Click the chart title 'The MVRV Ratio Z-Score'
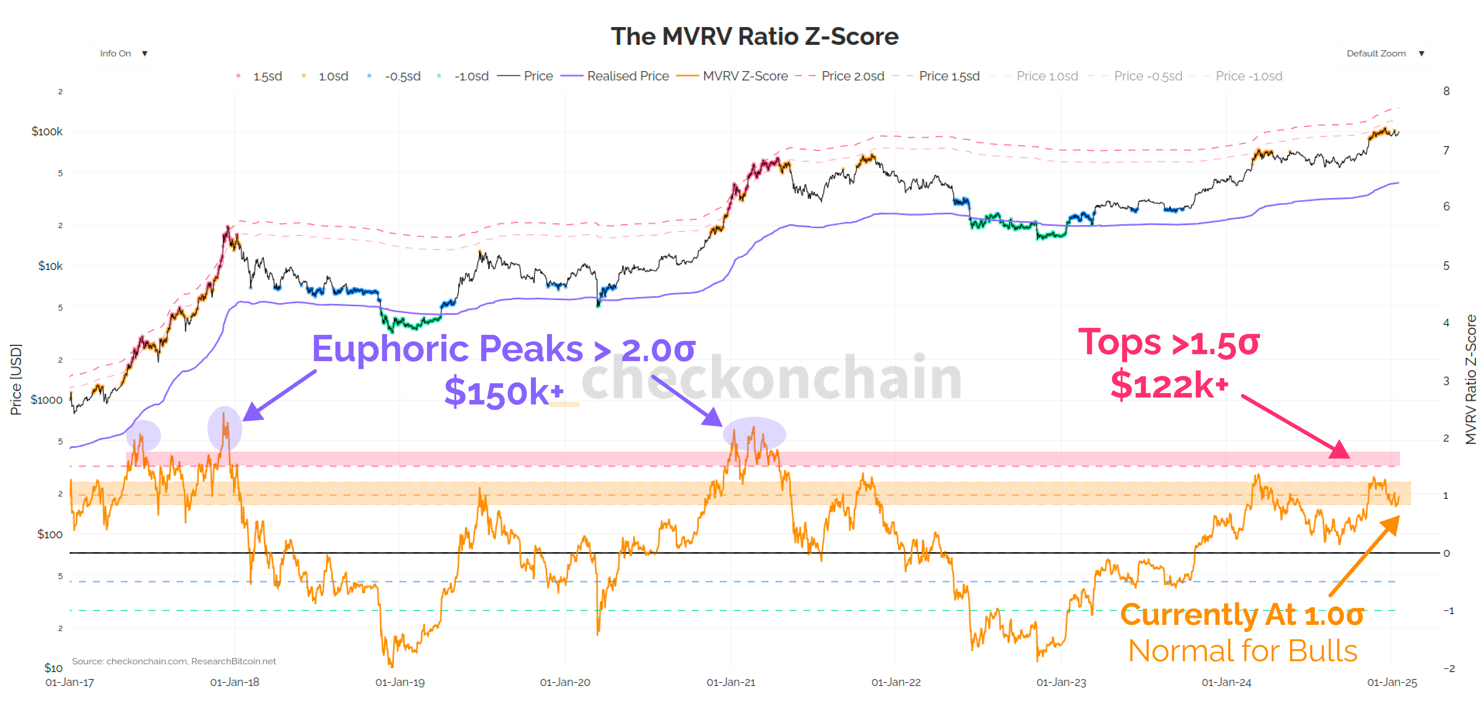point(754,36)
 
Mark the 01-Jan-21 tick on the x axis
point(731,682)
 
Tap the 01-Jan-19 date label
point(400,682)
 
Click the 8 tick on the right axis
point(1446,91)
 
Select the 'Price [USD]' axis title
point(16,380)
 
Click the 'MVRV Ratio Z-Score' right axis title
point(1470,380)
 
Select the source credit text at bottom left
point(174,661)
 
